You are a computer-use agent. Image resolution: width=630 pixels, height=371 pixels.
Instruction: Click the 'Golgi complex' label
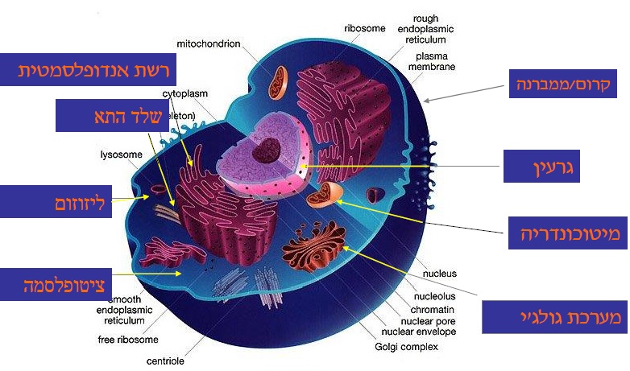pos(407,347)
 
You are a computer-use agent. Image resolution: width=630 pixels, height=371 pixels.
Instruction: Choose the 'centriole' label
pos(165,361)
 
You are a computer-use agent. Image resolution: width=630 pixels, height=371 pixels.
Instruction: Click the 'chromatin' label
pos(433,309)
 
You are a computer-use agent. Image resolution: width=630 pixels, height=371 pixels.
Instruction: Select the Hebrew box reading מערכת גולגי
pos(553,317)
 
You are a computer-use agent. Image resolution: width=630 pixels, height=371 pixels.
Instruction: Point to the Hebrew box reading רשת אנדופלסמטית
pos(95,71)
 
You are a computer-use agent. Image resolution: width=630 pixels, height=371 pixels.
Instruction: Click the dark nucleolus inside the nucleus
pos(263,150)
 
